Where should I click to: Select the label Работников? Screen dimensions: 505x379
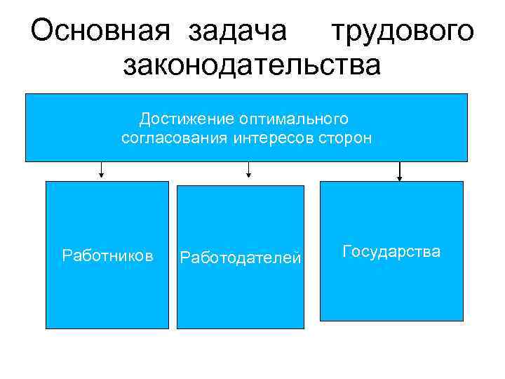point(107,255)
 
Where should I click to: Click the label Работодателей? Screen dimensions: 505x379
point(241,258)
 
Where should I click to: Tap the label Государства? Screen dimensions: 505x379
point(391,251)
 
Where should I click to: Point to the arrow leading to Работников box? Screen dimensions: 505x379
point(102,168)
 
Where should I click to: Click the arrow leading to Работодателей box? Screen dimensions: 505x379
point(248,168)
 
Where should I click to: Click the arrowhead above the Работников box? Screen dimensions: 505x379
point(102,175)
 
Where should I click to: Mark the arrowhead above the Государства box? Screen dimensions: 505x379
point(400,178)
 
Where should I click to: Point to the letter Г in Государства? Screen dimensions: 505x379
point(346,251)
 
